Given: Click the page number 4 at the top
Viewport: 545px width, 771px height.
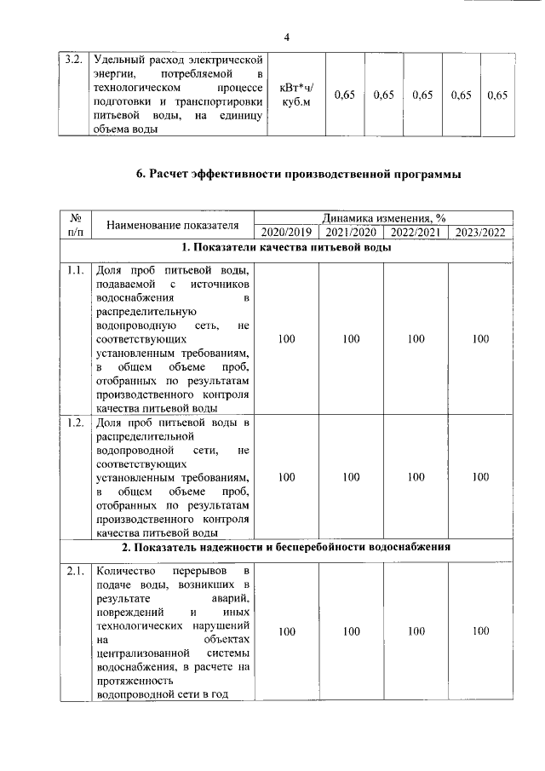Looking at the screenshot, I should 286,37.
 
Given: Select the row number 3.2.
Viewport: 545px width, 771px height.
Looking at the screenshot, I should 73,60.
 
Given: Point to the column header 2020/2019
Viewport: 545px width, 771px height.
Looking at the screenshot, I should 286,232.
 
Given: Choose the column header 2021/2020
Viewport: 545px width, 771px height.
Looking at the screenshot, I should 351,232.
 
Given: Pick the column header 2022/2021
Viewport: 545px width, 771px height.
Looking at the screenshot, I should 416,232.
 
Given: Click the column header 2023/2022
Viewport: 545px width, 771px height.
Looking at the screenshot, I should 480,232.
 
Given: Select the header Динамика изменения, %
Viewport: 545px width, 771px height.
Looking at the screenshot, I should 383,218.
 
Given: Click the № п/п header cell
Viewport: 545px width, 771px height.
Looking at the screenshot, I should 74,225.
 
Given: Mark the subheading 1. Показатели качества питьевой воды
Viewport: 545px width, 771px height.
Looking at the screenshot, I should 286,248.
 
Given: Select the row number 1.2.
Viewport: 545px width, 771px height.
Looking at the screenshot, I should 73,423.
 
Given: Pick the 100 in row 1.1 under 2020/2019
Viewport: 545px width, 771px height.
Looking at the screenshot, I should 286,338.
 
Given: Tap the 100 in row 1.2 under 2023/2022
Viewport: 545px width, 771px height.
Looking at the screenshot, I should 480,477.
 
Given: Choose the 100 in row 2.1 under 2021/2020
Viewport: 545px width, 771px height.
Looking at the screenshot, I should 351,631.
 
